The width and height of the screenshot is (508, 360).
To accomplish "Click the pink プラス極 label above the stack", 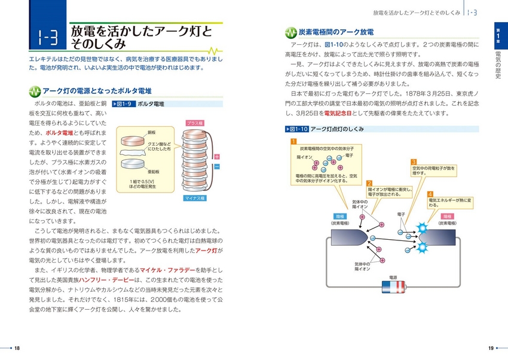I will coord(195,123).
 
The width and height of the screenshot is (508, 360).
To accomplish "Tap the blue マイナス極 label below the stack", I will coord(195,198).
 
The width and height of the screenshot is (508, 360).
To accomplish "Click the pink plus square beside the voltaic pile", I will coord(217,157).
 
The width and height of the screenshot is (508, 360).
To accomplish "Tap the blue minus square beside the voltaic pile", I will coord(217,166).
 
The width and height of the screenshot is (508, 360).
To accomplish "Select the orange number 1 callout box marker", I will coord(293,142).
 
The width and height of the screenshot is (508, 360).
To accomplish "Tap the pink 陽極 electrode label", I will coord(446,216).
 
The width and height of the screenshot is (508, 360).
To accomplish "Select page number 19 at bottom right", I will coord(491,349).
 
